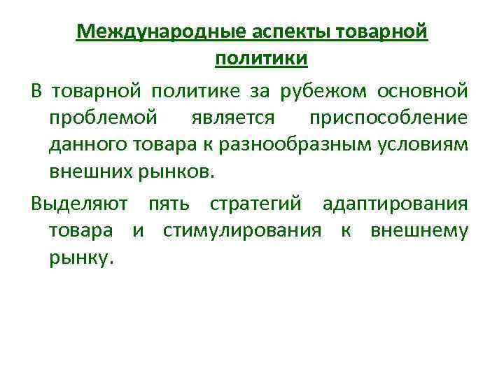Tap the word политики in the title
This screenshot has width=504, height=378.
[x=261, y=59]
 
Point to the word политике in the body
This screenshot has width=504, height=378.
[x=183, y=90]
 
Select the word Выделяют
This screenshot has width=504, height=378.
[x=79, y=204]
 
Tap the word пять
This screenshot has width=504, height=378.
[x=168, y=204]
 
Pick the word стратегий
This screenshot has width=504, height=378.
[x=255, y=204]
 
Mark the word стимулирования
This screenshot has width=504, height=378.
[x=242, y=231]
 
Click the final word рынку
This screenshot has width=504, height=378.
[x=80, y=258]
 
